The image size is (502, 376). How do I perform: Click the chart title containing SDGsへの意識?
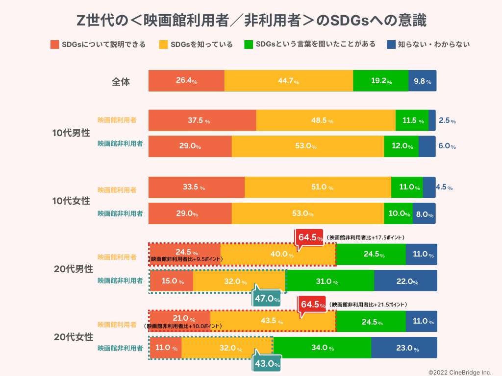point(251,21)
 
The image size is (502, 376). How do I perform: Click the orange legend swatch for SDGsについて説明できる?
point(54,45)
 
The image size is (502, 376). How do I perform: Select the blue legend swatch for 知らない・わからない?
point(391,45)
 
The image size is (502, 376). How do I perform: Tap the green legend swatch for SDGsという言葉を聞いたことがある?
point(248,45)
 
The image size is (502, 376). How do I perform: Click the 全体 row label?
point(121,82)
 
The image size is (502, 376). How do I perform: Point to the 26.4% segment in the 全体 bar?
point(186,81)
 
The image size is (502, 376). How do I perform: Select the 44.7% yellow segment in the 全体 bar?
point(288,81)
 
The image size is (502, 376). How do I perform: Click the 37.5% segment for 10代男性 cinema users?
point(202,120)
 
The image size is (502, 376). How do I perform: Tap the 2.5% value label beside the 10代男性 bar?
point(447,120)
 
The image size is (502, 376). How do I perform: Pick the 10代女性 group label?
point(72,201)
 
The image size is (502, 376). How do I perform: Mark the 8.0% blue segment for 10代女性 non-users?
point(424,214)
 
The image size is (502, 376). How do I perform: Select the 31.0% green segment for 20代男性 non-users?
point(329,282)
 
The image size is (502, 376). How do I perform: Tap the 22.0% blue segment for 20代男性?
point(405,282)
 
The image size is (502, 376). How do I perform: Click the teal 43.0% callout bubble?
point(267,364)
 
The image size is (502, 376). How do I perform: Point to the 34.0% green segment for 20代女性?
point(322,348)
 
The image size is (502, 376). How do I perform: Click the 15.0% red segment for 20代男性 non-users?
point(171,282)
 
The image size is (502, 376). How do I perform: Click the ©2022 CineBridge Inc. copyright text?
point(460,372)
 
